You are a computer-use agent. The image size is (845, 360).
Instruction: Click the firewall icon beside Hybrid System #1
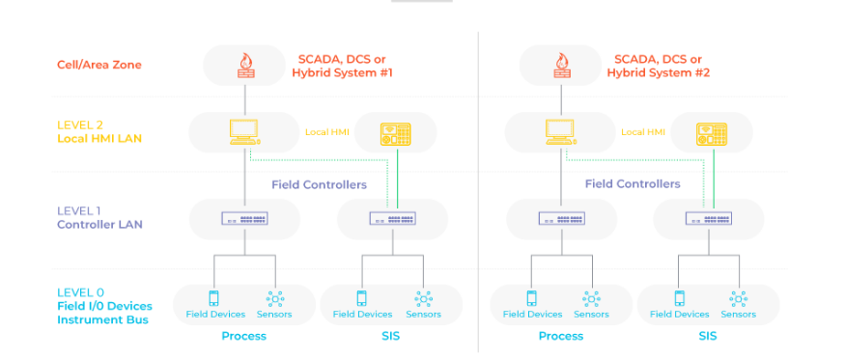point(245,66)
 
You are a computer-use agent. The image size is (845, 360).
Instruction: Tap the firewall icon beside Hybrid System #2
point(560,66)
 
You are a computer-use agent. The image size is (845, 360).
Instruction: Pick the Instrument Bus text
point(102,319)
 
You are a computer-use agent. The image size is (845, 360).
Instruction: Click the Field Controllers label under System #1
point(320,184)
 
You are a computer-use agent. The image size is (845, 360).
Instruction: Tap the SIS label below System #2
point(707,336)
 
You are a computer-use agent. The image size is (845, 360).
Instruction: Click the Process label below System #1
point(243,336)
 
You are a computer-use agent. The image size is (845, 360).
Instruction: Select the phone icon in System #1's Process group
point(214,298)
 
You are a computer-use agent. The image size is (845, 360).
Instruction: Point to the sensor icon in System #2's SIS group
point(739,298)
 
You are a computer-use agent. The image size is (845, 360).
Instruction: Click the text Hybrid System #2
point(658,72)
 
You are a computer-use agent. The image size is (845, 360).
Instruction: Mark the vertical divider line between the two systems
point(478,193)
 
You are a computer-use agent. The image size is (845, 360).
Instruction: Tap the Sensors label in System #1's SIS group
point(423,314)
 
